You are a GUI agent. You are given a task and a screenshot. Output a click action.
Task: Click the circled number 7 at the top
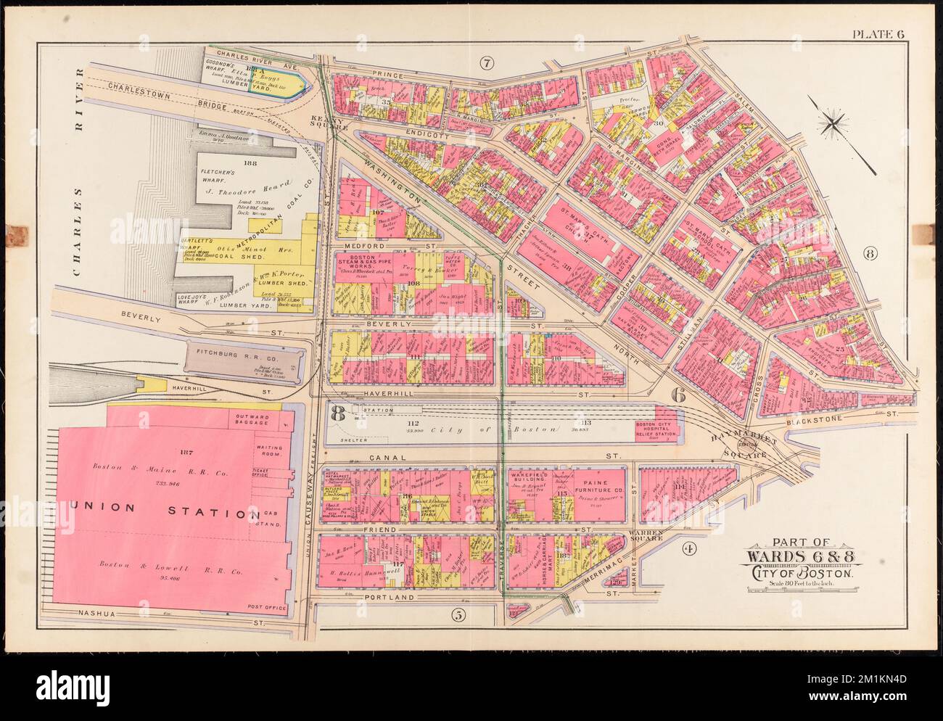click(486, 64)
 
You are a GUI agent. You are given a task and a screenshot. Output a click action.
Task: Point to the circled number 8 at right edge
click(870, 253)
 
